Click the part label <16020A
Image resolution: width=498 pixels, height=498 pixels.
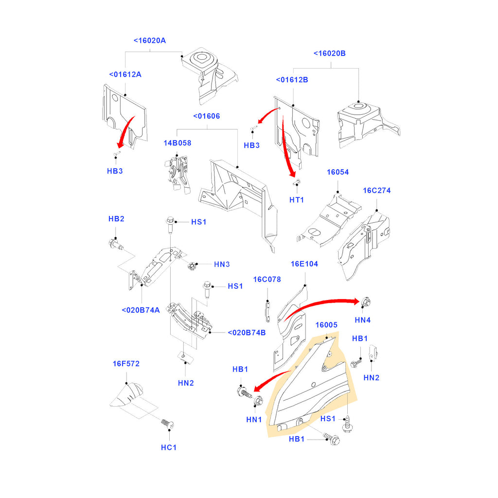coord(150,41)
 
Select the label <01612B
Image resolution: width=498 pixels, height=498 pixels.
coord(292,80)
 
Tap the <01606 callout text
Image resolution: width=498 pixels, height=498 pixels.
coord(206,116)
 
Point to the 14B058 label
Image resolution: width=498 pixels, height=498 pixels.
coord(177,143)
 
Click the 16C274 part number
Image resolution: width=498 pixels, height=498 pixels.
coord(377,191)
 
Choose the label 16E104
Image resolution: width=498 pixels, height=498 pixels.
coord(304,264)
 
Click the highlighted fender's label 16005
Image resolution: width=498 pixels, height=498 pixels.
coord(326,325)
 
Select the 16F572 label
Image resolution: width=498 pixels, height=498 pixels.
coord(126,364)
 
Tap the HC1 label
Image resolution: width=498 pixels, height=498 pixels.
coord(169,447)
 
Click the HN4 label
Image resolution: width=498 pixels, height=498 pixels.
coord(363,320)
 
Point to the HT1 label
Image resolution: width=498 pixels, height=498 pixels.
coord(297,200)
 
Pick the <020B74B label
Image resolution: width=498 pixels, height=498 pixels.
coord(247,333)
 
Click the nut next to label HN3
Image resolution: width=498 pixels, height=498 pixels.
coord(191,266)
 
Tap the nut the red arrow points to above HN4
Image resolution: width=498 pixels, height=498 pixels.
coord(366,302)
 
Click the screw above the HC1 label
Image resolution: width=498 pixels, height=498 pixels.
coord(167,424)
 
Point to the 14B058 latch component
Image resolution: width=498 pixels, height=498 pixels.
coord(177,173)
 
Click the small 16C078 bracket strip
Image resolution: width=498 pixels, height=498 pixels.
coord(268,312)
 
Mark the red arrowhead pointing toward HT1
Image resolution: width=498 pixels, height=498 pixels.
coord(292,174)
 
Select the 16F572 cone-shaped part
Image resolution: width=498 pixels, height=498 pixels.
coord(126,395)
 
